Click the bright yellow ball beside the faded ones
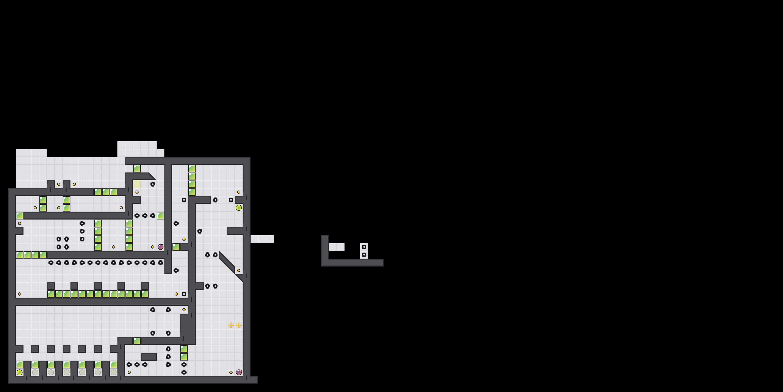[19, 372]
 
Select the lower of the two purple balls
[239, 372]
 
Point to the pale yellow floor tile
[137, 184]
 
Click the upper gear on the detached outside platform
[364, 247]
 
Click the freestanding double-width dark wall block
[149, 356]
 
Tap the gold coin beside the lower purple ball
[231, 372]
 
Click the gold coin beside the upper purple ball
[153, 247]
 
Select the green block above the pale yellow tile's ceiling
[137, 169]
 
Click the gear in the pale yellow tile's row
[153, 184]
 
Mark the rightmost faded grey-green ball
[113, 372]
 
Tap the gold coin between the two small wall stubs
[59, 184]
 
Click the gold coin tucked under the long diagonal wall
[239, 270]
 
